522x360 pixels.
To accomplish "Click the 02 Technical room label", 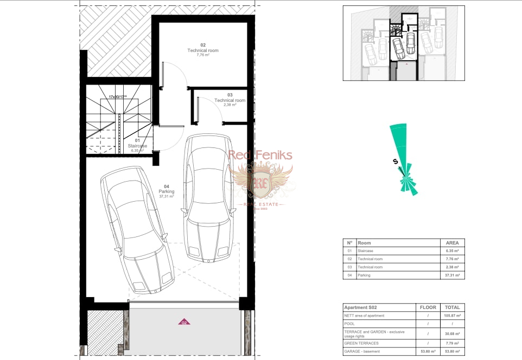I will coord(203,50).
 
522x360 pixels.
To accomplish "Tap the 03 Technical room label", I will coord(230,100).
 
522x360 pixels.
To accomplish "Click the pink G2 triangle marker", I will coord(184,322).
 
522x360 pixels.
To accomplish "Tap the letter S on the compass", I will coord(395,161).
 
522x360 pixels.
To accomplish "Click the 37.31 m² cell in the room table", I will coord(452,275).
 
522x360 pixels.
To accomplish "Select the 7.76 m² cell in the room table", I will coord(452,259).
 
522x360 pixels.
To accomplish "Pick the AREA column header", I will coord(452,243).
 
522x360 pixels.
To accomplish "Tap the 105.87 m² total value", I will coord(452,316).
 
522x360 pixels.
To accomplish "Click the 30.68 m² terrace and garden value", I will coord(452,333).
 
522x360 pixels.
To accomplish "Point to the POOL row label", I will coord(350,324).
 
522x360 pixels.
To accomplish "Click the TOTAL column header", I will coord(452,307).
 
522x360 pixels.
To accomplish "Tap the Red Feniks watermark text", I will coord(260,156).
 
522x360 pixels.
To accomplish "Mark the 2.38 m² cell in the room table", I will coord(452,267).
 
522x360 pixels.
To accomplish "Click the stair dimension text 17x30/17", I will coord(118,97).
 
